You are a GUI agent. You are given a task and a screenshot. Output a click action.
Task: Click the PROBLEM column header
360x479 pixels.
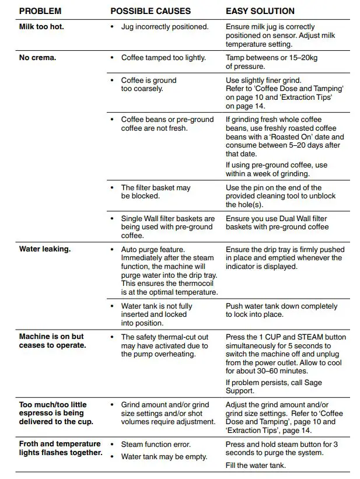40,11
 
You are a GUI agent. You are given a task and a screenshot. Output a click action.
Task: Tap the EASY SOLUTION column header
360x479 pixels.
260,11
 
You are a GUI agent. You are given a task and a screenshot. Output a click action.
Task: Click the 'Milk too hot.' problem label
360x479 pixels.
41,27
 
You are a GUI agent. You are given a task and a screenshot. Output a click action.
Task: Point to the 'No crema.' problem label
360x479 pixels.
38,58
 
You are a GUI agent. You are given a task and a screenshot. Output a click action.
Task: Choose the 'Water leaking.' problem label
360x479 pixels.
45,249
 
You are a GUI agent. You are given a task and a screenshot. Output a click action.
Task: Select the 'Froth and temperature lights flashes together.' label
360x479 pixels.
61,448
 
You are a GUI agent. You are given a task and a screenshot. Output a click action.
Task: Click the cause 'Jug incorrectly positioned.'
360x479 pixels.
165,27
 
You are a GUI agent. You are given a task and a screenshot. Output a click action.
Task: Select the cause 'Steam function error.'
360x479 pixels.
156,445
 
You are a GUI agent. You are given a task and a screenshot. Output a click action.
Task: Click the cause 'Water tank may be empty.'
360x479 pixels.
164,456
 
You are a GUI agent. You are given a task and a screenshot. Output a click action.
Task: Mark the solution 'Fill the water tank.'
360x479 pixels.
256,466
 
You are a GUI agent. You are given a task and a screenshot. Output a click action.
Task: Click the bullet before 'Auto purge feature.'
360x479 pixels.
112,249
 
